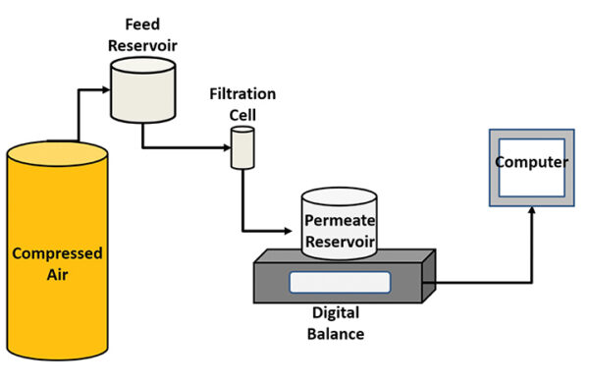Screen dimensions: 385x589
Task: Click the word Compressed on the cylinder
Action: click(57, 253)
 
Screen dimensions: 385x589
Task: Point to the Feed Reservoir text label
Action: click(140, 35)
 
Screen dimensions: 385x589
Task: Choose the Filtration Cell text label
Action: click(242, 102)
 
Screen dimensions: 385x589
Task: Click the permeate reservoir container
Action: click(339, 226)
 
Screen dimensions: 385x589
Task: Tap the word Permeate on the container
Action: click(339, 221)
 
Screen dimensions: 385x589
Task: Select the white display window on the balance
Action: click(340, 282)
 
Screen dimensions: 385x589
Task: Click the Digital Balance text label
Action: click(337, 325)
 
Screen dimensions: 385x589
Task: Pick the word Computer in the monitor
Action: click(531, 162)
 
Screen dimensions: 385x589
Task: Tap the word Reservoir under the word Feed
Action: click(140, 44)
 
